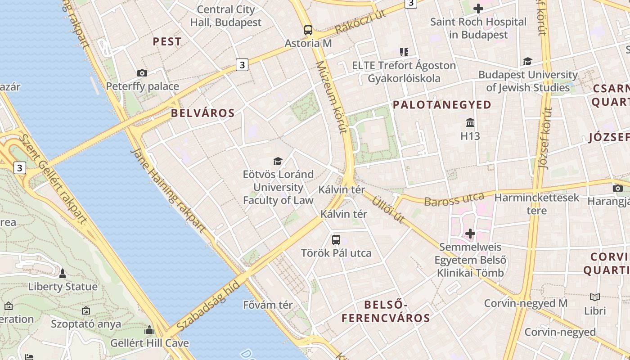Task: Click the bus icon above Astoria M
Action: tap(308, 30)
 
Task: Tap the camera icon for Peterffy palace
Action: tap(142, 73)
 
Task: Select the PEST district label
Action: tap(167, 42)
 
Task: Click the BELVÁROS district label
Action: tap(203, 113)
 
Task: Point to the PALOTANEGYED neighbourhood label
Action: tap(442, 105)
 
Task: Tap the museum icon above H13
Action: tap(470, 122)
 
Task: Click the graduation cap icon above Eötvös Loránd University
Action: tap(278, 161)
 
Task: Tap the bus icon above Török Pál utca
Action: tap(336, 240)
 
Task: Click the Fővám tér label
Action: tap(268, 305)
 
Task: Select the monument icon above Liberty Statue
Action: tap(63, 273)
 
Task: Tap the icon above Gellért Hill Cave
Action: tap(149, 330)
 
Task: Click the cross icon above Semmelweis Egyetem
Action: tap(470, 234)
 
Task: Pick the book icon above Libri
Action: tap(595, 297)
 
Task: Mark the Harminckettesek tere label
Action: tap(537, 203)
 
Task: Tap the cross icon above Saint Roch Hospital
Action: tap(478, 9)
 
